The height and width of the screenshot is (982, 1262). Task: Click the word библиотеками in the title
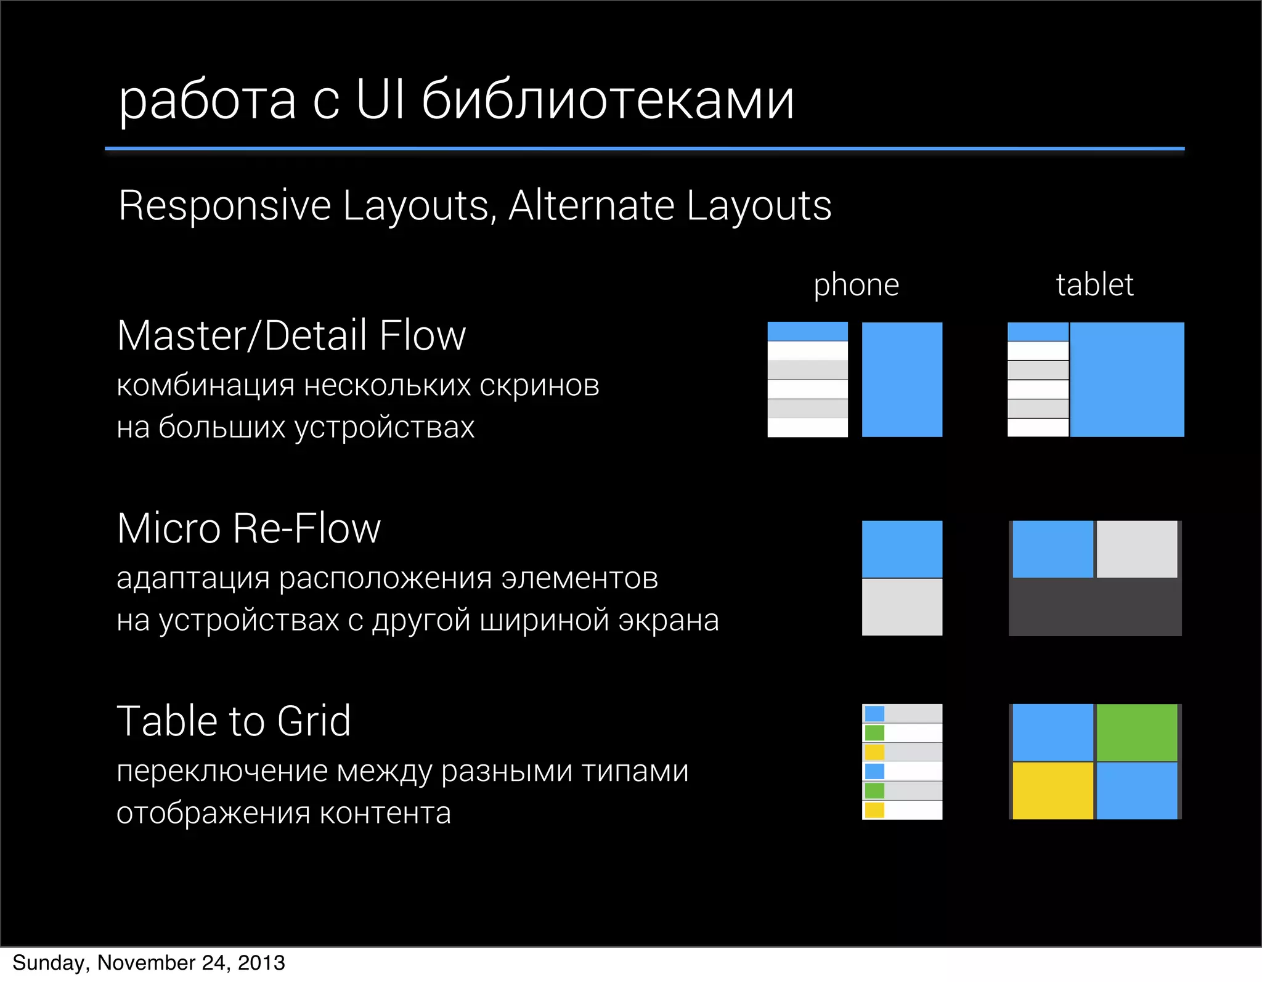(x=608, y=100)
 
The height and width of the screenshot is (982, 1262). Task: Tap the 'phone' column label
(x=856, y=285)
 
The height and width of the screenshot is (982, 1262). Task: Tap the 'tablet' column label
(x=1094, y=285)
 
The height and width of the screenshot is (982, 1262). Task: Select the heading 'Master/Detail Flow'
(x=291, y=336)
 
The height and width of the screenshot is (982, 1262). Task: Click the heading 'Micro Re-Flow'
(x=249, y=529)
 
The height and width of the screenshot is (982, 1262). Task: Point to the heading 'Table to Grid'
(x=234, y=721)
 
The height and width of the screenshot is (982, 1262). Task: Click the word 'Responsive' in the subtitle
(x=225, y=205)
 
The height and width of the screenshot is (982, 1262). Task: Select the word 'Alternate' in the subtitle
(x=591, y=205)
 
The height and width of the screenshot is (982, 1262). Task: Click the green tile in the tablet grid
(x=1137, y=732)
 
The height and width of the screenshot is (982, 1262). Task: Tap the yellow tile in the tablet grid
(x=1052, y=791)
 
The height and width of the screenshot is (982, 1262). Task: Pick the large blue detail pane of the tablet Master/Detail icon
(x=1127, y=380)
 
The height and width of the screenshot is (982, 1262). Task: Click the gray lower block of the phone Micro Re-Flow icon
(x=902, y=607)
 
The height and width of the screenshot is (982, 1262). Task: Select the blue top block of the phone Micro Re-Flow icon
(x=902, y=549)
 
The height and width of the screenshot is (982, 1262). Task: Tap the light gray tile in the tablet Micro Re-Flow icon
(x=1137, y=549)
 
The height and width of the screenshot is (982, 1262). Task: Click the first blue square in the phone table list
(x=874, y=714)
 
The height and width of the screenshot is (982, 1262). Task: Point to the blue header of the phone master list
(x=807, y=331)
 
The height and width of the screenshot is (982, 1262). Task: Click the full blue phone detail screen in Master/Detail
(x=902, y=380)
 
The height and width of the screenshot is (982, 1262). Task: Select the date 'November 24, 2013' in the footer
(x=191, y=963)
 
